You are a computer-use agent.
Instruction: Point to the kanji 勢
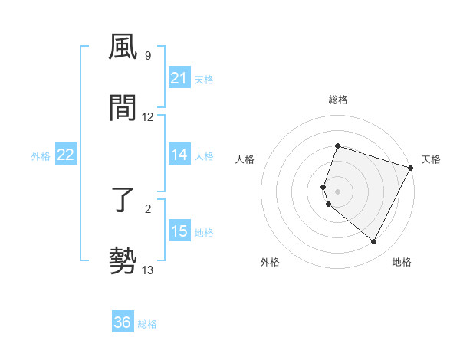[123, 260]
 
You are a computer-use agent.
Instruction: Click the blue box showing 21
[179, 78]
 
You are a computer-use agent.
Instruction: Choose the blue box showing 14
[179, 155]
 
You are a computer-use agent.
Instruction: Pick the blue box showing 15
[179, 232]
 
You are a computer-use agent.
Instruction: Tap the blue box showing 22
[66, 155]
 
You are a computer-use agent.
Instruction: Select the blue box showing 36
[123, 322]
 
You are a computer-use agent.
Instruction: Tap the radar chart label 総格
[337, 100]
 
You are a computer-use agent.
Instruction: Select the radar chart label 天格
[431, 159]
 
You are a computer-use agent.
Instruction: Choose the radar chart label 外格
[270, 262]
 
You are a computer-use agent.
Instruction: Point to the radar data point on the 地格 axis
[374, 242]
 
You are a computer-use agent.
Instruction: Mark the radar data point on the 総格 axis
[337, 146]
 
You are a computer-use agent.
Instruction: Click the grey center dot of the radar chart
[337, 191]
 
